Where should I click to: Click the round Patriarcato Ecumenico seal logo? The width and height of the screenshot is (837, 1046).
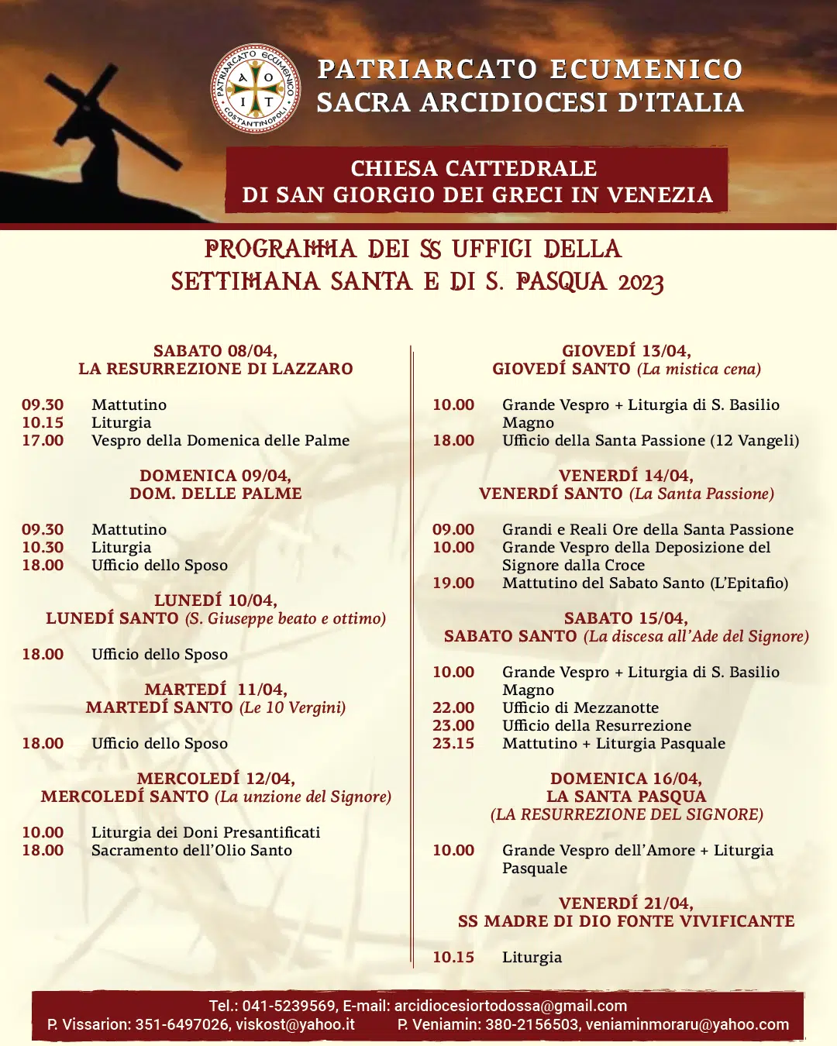[x=256, y=88]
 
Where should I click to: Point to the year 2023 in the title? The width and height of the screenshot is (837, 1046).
[x=641, y=282]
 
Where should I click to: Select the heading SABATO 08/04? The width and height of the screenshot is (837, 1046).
[x=215, y=351]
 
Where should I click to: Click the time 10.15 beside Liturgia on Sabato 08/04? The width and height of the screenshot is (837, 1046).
[x=43, y=422]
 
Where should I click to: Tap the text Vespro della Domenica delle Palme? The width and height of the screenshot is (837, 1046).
[x=220, y=440]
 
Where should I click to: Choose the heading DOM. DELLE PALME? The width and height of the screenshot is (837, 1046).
[x=215, y=494]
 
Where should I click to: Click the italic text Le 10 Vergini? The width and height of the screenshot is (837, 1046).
[x=293, y=707]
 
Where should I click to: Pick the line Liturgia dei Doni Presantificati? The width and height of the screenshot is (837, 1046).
[x=205, y=832]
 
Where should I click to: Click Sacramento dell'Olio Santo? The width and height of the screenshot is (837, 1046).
[x=191, y=850]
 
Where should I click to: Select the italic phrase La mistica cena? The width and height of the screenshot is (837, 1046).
[x=699, y=369]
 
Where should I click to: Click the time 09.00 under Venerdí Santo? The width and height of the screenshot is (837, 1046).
[x=453, y=529]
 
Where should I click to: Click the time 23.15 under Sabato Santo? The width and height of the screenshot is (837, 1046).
[x=453, y=743]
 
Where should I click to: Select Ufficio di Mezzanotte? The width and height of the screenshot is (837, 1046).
[x=580, y=707]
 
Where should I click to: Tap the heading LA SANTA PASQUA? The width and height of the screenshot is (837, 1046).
[x=626, y=797]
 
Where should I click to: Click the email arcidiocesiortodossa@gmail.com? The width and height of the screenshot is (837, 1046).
[x=511, y=1006]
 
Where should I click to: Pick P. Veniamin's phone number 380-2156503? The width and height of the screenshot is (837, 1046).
[x=532, y=1024]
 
